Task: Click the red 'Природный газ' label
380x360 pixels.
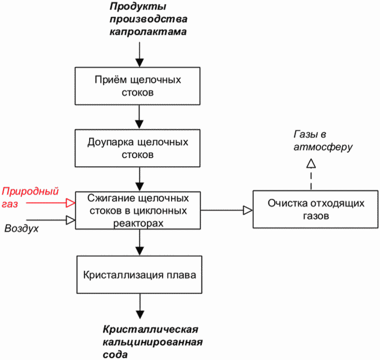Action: coord(30,197)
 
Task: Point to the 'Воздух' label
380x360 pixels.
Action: coord(21,229)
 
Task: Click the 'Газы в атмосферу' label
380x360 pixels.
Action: coord(323,141)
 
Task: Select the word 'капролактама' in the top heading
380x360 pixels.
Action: coord(148,32)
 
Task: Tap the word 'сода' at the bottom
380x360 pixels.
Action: coord(115,354)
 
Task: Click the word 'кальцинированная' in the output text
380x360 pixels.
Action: coord(153,342)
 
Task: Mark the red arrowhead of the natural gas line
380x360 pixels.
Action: coord(71,203)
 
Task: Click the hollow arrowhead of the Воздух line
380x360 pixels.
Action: coord(71,220)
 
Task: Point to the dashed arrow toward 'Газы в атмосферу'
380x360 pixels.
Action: coord(311,174)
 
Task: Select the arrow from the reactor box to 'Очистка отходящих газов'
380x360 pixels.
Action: coord(227,210)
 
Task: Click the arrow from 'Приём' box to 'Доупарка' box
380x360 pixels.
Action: coord(139,117)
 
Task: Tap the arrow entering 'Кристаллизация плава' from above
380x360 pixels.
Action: coord(139,243)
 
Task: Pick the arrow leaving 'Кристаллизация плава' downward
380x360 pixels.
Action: coord(140,306)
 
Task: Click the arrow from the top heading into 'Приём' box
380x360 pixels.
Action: coord(139,54)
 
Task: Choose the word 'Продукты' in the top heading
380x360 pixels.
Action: coord(138,6)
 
